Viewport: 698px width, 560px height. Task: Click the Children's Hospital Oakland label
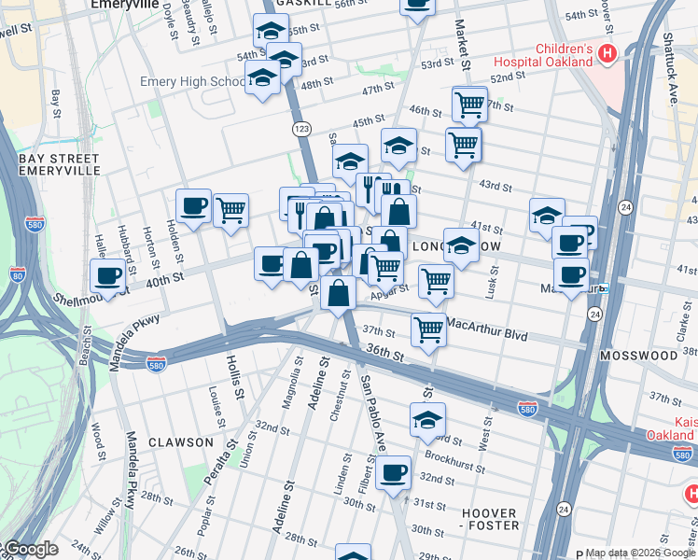[563, 55]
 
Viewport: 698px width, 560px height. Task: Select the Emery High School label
[193, 82]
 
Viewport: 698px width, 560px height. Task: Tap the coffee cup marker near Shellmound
[108, 276]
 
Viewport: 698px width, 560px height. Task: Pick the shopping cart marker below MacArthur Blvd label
[428, 329]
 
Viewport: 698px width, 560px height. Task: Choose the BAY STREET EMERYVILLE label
[59, 165]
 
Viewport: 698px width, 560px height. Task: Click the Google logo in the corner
[30, 550]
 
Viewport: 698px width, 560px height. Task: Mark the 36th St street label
[384, 356]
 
